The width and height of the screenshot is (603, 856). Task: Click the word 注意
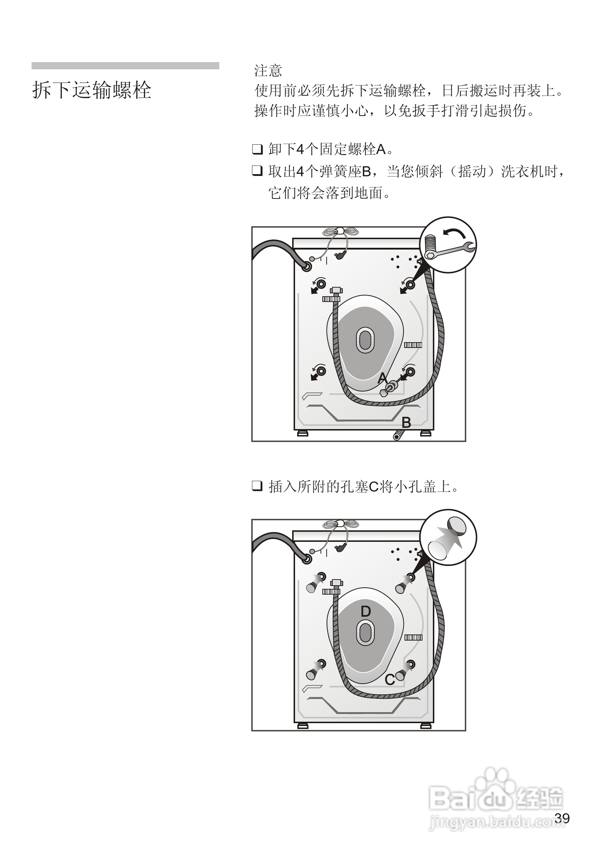[268, 70]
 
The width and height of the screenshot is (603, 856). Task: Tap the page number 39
[562, 818]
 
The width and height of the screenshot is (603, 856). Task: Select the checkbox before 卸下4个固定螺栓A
[257, 149]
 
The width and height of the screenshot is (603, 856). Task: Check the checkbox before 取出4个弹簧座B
[257, 171]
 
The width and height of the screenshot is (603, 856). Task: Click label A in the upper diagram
[382, 378]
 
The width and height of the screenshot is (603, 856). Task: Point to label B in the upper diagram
[406, 423]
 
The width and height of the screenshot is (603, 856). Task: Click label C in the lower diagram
[389, 680]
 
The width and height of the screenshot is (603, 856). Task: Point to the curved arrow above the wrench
[454, 233]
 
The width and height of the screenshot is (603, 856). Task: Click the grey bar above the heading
[125, 66]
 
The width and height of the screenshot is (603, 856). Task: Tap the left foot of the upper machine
[303, 434]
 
